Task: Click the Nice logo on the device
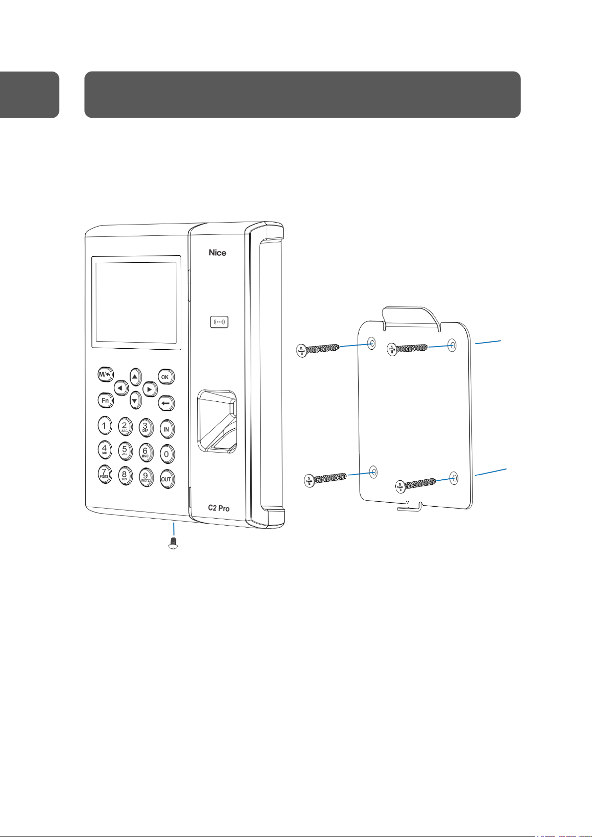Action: [217, 253]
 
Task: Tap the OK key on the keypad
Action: [165, 377]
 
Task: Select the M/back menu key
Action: [105, 375]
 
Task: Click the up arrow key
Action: [135, 377]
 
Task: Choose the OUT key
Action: [166, 479]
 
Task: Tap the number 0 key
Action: [167, 454]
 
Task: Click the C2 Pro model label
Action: [219, 508]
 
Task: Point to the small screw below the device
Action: [174, 542]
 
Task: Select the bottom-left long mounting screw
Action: [325, 480]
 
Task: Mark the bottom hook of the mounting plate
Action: [409, 506]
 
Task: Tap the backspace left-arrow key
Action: [166, 403]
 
